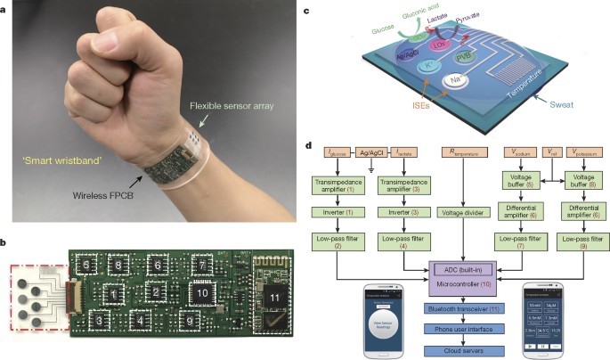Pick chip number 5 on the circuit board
[85, 265]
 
